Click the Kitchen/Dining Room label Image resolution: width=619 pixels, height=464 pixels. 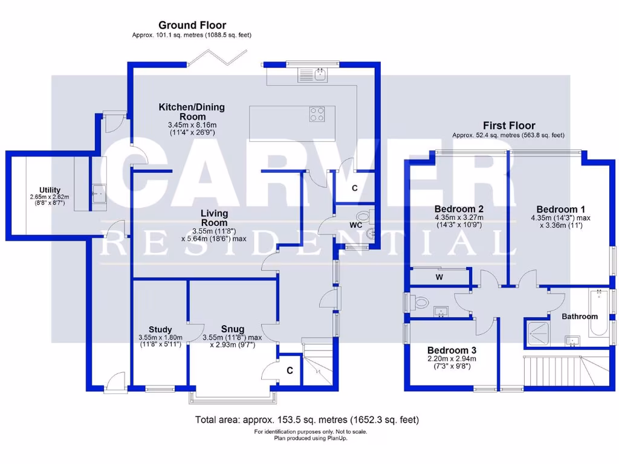point(192,112)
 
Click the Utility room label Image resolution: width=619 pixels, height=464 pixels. point(50,190)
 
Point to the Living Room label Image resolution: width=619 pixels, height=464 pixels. point(215,218)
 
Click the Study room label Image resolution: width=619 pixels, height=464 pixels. point(160,330)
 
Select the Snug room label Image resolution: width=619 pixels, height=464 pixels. point(232,330)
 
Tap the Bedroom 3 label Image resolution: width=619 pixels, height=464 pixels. point(452,350)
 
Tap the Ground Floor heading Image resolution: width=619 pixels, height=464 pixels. point(192,25)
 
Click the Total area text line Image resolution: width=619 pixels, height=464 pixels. point(306,419)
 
